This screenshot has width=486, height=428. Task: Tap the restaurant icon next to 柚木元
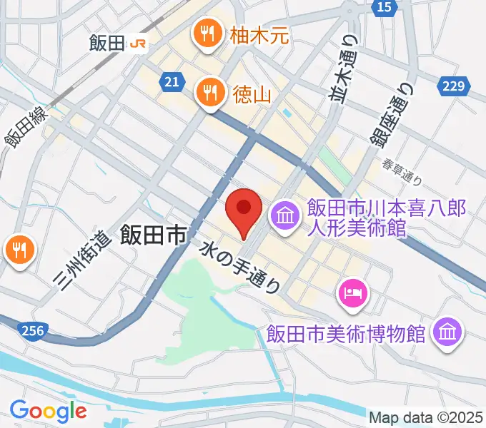pyautogui.click(x=208, y=34)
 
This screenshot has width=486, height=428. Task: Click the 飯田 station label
pyautogui.click(x=108, y=44)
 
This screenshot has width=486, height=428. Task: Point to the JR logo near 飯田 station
pyautogui.click(x=139, y=44)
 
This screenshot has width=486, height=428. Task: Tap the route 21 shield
pyautogui.click(x=170, y=82)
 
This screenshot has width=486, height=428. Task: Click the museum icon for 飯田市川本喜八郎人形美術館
pyautogui.click(x=284, y=215)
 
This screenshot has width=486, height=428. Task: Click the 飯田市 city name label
pyautogui.click(x=153, y=235)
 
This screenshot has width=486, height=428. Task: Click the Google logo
pyautogui.click(x=48, y=410)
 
